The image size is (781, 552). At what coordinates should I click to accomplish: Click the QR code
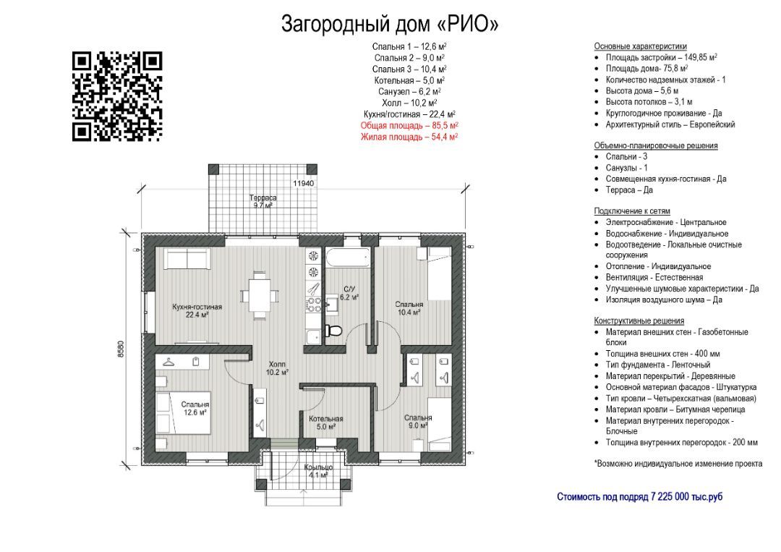coord(118,96)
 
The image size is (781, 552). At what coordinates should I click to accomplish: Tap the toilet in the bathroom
coord(333,330)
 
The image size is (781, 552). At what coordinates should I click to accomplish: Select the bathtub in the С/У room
coord(348,258)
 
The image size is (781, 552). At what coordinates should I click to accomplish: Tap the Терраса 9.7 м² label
coord(263,201)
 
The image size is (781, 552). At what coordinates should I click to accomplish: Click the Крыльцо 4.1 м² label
coord(317,471)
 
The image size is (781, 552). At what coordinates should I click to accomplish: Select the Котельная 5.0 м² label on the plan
coord(325,423)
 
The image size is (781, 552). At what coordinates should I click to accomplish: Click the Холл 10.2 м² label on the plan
coord(277,368)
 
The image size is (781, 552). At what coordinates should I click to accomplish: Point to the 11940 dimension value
coord(303,183)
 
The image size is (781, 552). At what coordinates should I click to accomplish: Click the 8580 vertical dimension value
coord(121,349)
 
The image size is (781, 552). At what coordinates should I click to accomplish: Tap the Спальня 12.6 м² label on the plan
coord(195,409)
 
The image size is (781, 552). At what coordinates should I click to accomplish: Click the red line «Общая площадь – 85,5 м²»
coord(409,126)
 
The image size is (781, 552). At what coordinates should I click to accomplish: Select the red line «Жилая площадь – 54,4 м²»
coord(409,137)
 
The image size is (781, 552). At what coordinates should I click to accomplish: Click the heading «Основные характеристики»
coord(640,46)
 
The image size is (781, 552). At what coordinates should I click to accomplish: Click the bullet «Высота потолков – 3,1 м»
coord(649,102)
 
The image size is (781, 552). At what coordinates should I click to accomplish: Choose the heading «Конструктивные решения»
coord(639,320)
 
